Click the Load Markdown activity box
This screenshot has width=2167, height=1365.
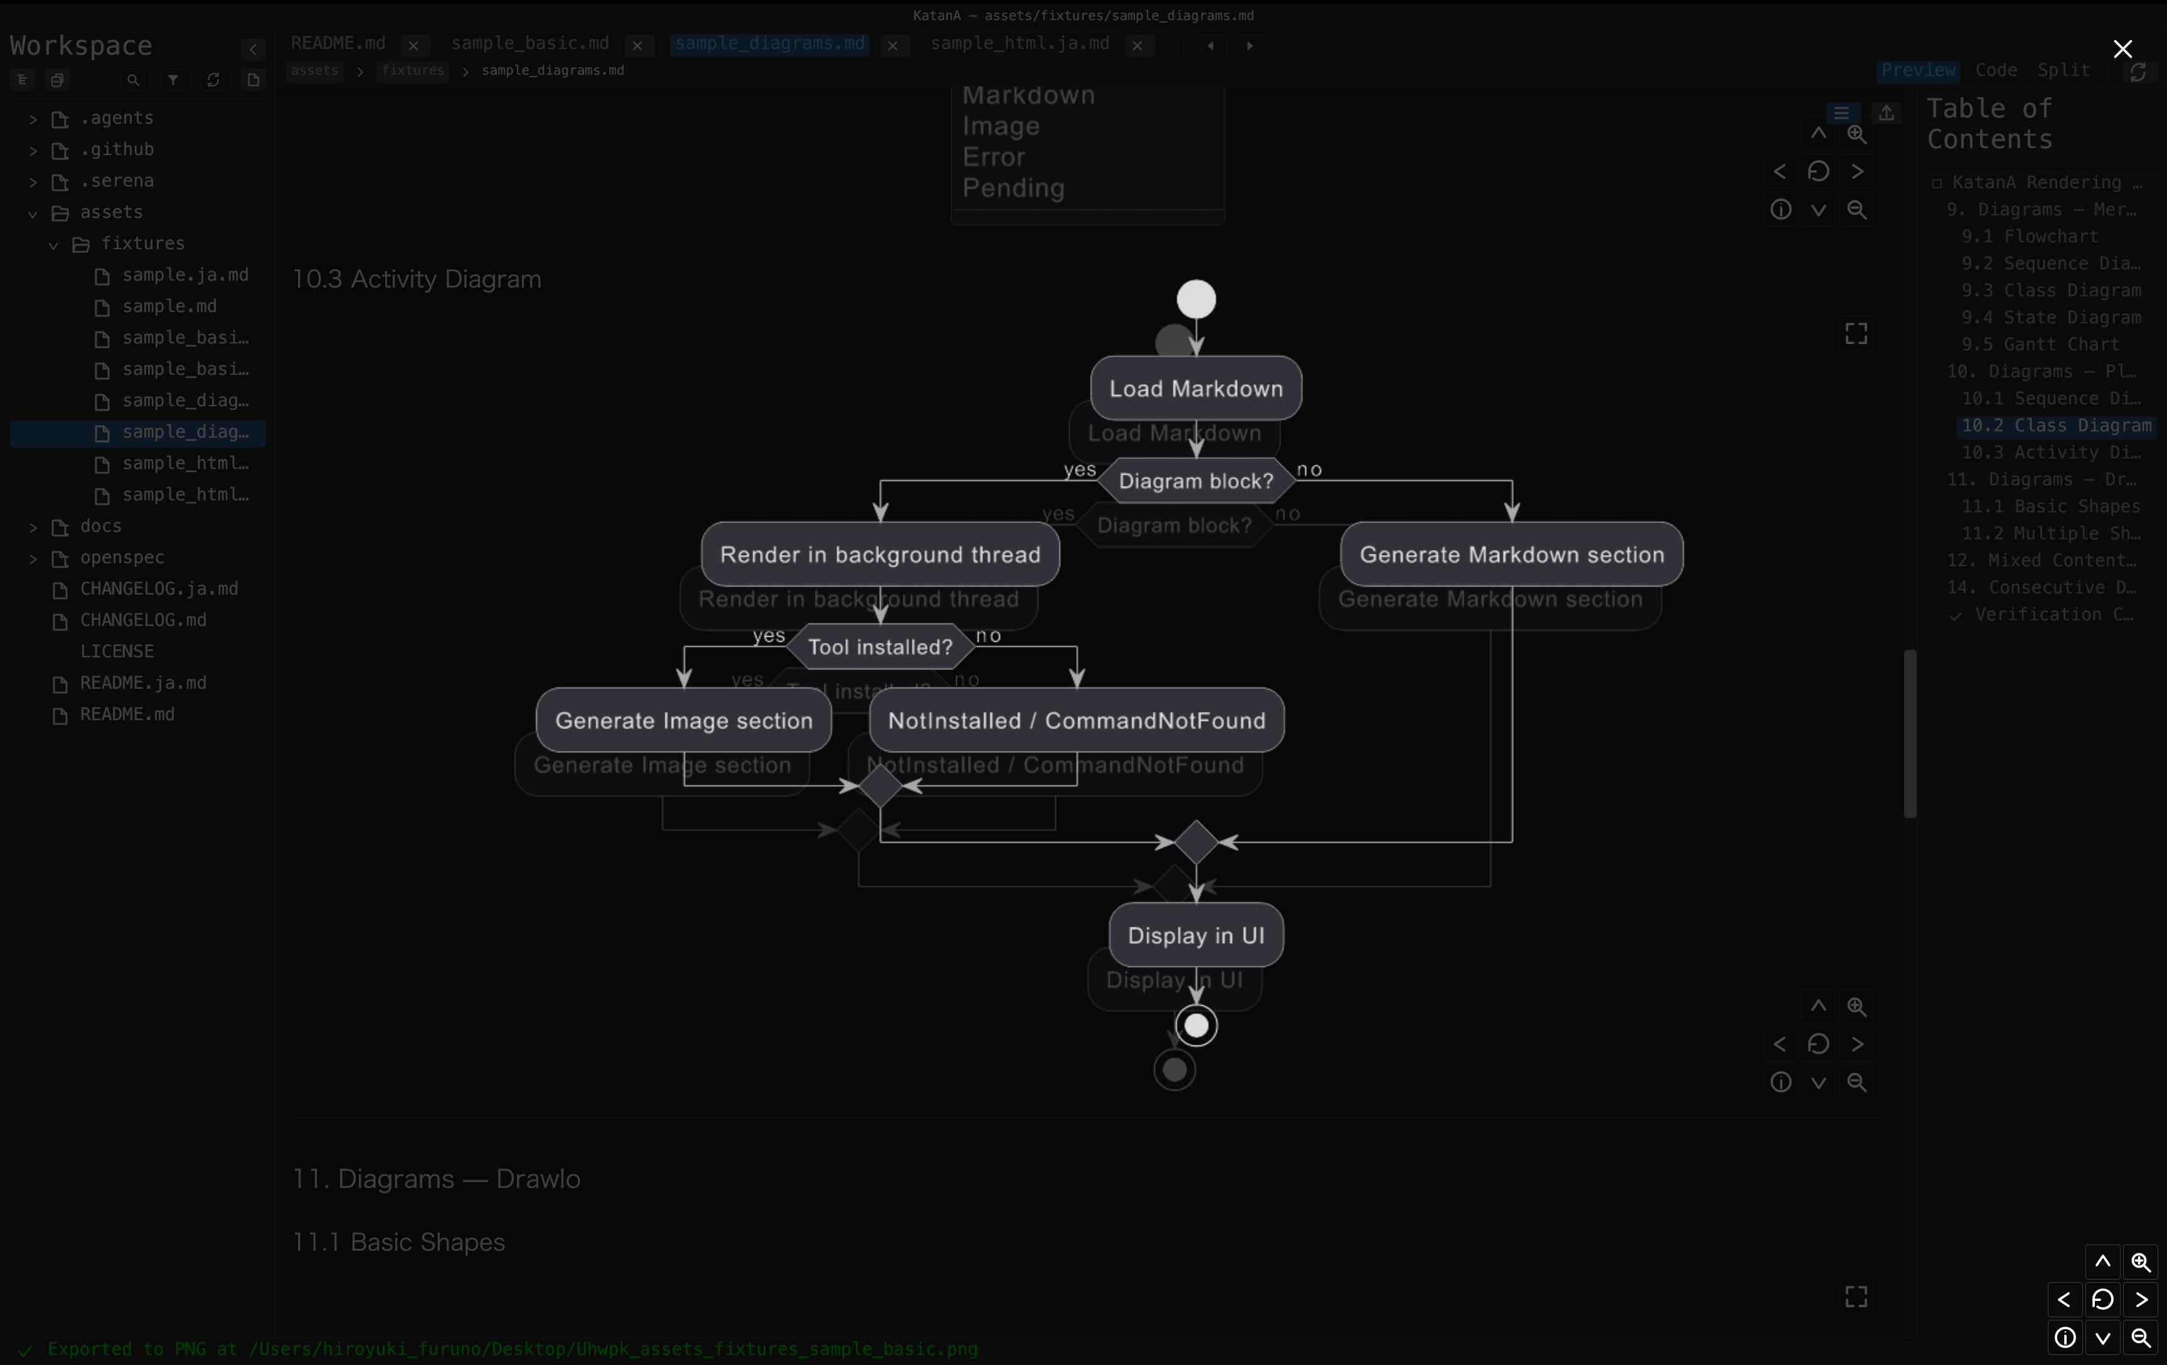1196,388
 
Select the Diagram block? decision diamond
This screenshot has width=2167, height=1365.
1196,481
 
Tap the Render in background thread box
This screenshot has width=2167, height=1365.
880,554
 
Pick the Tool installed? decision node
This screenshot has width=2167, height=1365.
880,647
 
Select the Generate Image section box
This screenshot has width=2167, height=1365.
684,720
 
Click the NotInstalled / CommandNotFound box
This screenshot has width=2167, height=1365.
1077,720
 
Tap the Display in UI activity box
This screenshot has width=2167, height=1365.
1196,936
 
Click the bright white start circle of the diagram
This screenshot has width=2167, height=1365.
1196,299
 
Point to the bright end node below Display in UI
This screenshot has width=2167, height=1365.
1196,1025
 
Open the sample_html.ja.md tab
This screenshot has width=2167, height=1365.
1020,43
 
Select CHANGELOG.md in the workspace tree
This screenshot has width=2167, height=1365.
143,620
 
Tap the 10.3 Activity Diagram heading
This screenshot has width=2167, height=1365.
417,279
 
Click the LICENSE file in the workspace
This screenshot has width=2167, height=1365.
117,651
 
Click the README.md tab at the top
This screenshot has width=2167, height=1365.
338,43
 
